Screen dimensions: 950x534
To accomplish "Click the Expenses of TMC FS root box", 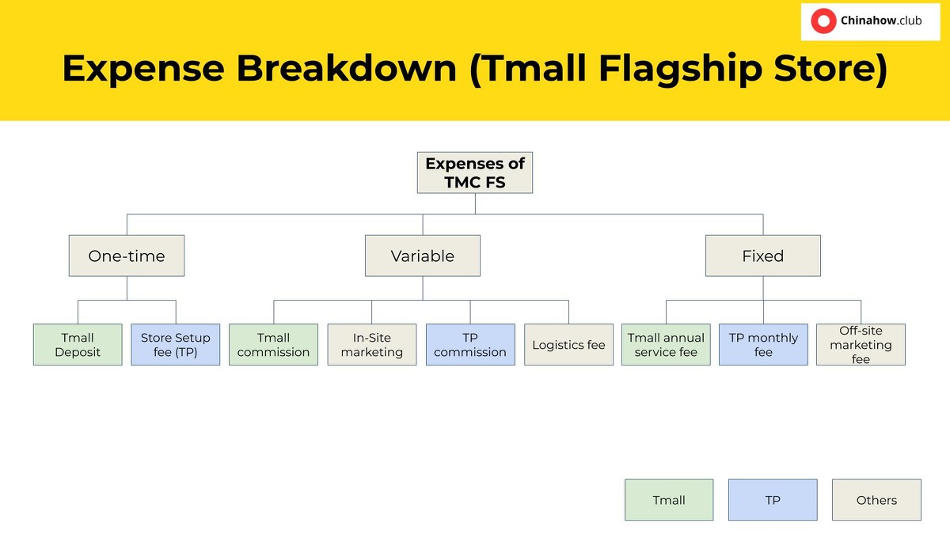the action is (475, 172).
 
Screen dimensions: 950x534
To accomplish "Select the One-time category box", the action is (127, 256).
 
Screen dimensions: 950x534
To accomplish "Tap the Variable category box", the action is (423, 256).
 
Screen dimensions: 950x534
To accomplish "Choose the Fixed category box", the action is (763, 256).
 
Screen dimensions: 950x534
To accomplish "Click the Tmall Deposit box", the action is (78, 345).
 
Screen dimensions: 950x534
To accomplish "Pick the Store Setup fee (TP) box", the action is (176, 345).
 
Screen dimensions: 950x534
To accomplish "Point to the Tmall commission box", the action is (274, 345).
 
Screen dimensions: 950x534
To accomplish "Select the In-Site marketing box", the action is (372, 345).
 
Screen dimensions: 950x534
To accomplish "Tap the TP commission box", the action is (470, 345).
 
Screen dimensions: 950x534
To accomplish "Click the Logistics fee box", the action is (568, 345).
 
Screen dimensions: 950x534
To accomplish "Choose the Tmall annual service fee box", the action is (666, 345).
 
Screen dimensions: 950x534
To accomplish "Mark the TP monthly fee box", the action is (763, 345).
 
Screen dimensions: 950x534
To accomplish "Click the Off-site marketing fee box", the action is (861, 345).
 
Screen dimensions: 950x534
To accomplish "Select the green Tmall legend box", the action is (669, 500).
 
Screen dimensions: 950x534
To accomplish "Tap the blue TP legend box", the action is (773, 500).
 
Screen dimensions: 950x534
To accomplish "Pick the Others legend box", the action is (876, 500).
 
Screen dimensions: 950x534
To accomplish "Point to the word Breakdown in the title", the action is (347, 68).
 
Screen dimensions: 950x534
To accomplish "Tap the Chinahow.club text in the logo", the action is (881, 21).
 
